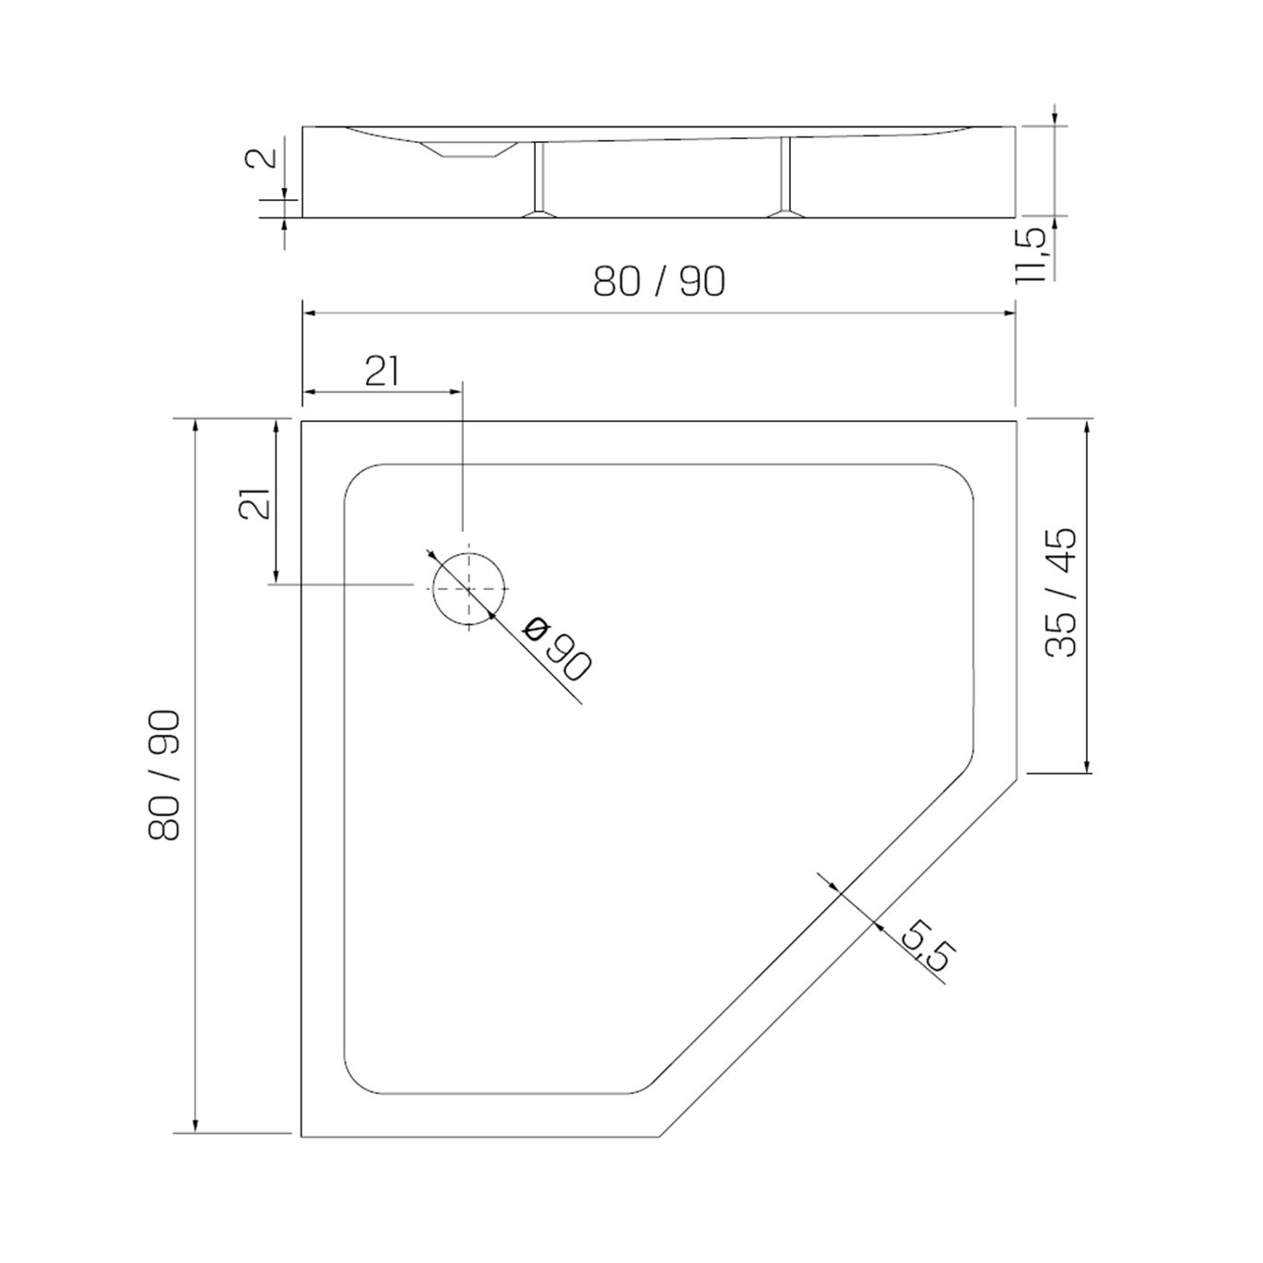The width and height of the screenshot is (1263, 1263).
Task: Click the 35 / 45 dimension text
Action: click(1061, 592)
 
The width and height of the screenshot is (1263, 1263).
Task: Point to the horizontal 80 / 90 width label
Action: click(659, 282)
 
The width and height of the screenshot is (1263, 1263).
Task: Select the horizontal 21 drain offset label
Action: click(383, 372)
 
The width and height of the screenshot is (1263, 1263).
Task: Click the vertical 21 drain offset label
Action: click(254, 503)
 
